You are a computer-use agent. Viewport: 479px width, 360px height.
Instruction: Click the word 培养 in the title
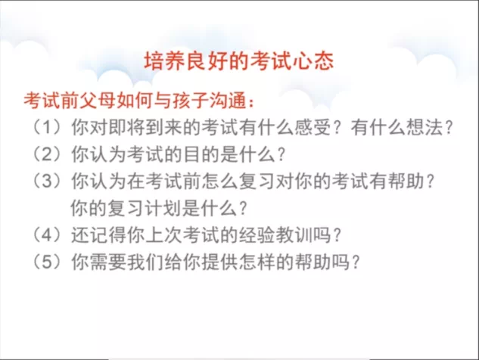(x=165, y=61)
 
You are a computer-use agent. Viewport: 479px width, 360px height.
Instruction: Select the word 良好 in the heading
(x=207, y=61)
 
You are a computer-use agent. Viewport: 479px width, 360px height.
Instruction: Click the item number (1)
(x=47, y=127)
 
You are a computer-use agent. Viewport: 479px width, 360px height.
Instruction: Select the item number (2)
(x=47, y=154)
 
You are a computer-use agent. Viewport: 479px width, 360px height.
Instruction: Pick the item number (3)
(x=47, y=181)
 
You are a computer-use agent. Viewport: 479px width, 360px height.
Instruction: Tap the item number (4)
(x=47, y=235)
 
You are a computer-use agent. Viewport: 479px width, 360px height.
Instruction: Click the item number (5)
(x=47, y=262)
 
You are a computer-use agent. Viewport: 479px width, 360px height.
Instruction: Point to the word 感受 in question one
(x=313, y=127)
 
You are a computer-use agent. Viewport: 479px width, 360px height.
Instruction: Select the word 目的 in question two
(x=201, y=154)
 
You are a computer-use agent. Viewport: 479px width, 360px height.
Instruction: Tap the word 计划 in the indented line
(x=163, y=208)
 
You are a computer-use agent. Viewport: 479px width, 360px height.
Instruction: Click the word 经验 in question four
(x=257, y=235)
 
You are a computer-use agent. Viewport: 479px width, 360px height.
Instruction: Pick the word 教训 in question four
(x=294, y=235)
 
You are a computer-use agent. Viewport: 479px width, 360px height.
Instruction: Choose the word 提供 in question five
(x=220, y=262)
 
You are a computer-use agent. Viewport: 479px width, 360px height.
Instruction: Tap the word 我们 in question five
(x=145, y=262)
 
